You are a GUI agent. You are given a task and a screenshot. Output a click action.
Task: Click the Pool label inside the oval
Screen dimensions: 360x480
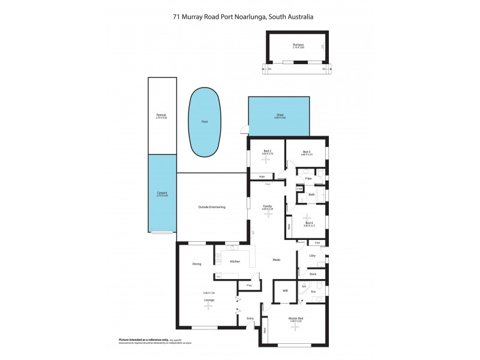pos(205,121)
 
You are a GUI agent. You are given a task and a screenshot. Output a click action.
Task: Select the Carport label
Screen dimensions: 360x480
pos(161,193)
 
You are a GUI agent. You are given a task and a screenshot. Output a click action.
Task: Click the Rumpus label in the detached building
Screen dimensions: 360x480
pos(298,45)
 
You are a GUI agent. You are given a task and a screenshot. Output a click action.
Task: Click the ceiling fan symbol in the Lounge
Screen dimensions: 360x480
pos(209,305)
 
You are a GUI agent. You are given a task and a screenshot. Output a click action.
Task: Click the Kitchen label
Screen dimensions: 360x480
pos(236,262)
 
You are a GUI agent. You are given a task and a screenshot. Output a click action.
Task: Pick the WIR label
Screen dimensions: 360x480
pos(285,290)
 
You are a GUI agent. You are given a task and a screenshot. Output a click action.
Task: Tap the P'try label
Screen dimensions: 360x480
pos(248,286)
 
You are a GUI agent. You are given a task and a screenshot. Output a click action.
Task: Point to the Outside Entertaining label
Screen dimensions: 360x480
pos(212,207)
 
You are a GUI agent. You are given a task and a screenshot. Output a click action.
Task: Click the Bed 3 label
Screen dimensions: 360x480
pos(306,152)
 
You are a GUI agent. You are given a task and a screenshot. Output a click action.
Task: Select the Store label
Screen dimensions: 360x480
pos(312,275)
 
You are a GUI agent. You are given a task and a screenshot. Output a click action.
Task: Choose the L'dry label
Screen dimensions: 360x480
pos(312,256)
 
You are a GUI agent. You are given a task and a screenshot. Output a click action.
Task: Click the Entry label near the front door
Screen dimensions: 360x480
pos(250,319)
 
